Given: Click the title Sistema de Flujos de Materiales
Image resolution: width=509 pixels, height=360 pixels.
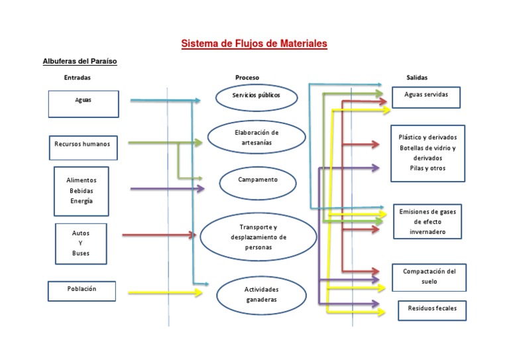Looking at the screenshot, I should coord(254,44).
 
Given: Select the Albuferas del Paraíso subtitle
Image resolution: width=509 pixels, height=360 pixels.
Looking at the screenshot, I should coord(80,61).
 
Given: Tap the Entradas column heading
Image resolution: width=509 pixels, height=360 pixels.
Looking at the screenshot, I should coord(78,78).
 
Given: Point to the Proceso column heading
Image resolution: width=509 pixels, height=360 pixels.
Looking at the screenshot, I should coord(247,78).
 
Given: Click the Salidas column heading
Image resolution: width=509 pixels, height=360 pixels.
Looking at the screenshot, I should coord(417,78).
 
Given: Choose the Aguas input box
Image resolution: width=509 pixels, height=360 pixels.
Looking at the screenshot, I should coord(84,103).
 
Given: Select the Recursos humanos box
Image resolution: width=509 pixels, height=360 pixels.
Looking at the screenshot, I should coord(84,147).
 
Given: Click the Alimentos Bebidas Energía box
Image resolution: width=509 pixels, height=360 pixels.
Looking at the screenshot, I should coord(81,191).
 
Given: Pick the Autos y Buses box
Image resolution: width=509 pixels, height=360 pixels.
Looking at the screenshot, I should coord(81,243).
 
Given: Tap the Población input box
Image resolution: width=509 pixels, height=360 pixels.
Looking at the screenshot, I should coord(82,291).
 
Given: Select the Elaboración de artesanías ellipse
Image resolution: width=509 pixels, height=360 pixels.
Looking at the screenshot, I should coord(256,137).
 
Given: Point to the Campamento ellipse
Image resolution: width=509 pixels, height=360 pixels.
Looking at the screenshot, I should coord(258,182).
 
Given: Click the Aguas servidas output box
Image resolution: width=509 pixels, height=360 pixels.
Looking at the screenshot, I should coord(426,97).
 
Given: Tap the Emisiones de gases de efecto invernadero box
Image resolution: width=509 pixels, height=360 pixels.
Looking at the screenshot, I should coord(427,221).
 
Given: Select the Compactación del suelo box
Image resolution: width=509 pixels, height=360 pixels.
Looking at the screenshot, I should coord(429,276).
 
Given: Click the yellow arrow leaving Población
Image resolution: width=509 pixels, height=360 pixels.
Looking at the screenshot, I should coord(166,292).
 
